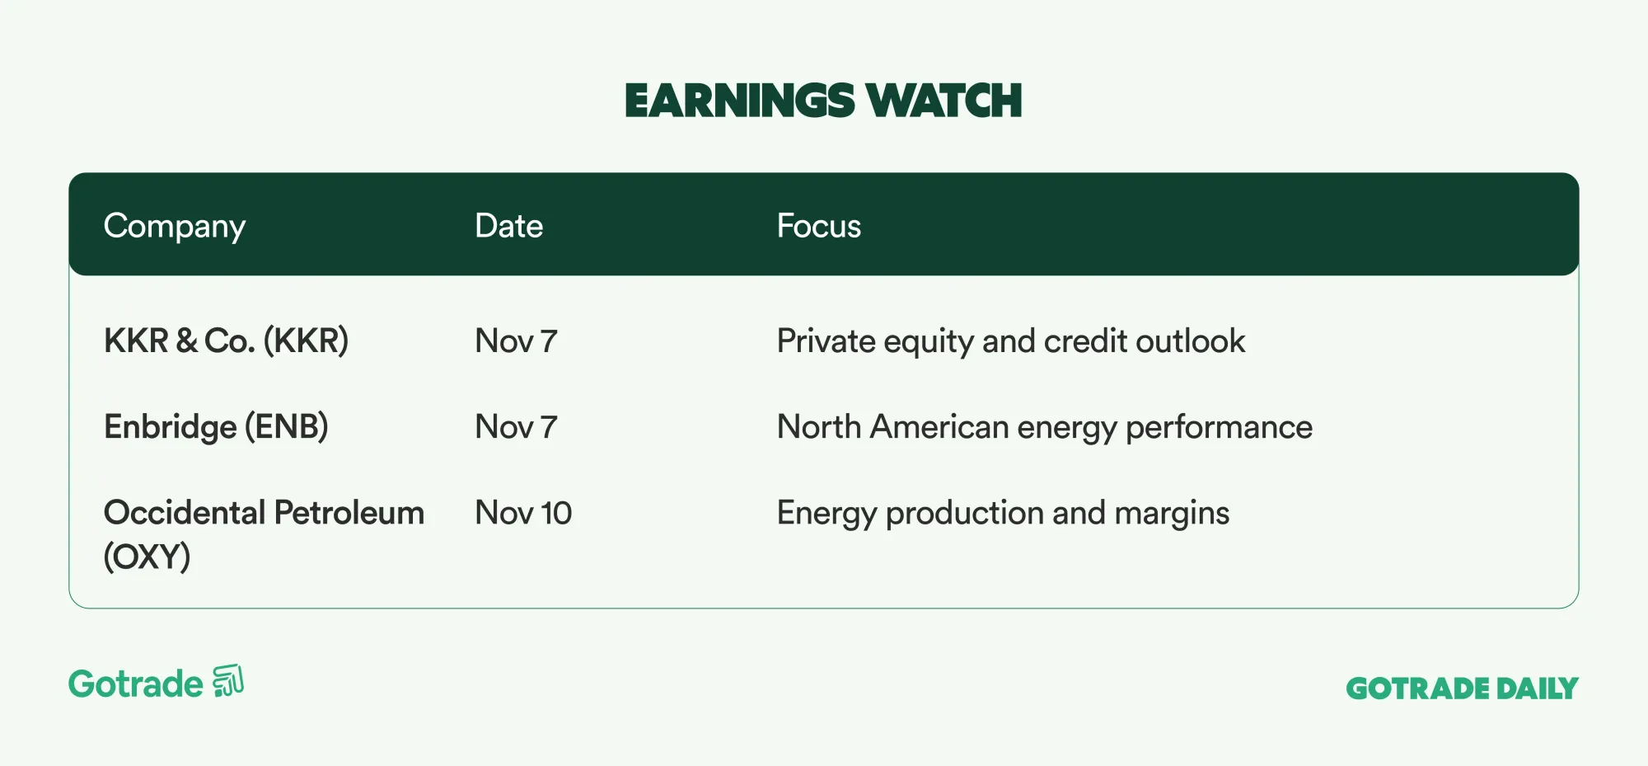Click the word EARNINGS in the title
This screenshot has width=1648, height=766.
click(x=739, y=101)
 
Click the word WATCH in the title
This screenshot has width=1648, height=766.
click(x=944, y=101)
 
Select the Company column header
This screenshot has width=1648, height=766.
click(x=175, y=227)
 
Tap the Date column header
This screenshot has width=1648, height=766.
click(x=509, y=226)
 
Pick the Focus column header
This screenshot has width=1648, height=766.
click(x=819, y=226)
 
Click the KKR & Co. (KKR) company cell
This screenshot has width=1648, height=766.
click(x=227, y=341)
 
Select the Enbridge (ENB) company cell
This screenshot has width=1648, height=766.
click(x=216, y=427)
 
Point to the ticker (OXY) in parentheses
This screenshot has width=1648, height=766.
click(x=147, y=557)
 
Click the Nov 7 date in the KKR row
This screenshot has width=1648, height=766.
click(x=517, y=341)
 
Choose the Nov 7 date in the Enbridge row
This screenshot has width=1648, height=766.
click(x=517, y=427)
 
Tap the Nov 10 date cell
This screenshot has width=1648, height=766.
click(x=524, y=513)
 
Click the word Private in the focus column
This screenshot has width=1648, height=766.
click(x=826, y=341)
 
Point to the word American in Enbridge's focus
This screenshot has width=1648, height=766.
click(x=939, y=427)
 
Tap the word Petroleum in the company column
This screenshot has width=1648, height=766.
click(x=349, y=513)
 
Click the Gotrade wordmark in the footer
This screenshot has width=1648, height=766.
click(x=136, y=684)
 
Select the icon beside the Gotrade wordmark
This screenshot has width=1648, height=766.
click(x=228, y=681)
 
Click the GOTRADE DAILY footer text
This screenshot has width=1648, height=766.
click(x=1463, y=688)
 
